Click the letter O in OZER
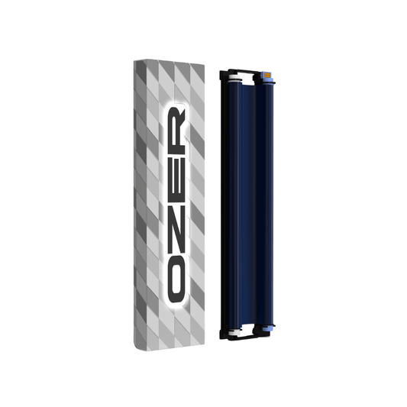176,279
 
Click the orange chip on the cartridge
267,75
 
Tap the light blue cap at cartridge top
267,78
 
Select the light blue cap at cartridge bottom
267,328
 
